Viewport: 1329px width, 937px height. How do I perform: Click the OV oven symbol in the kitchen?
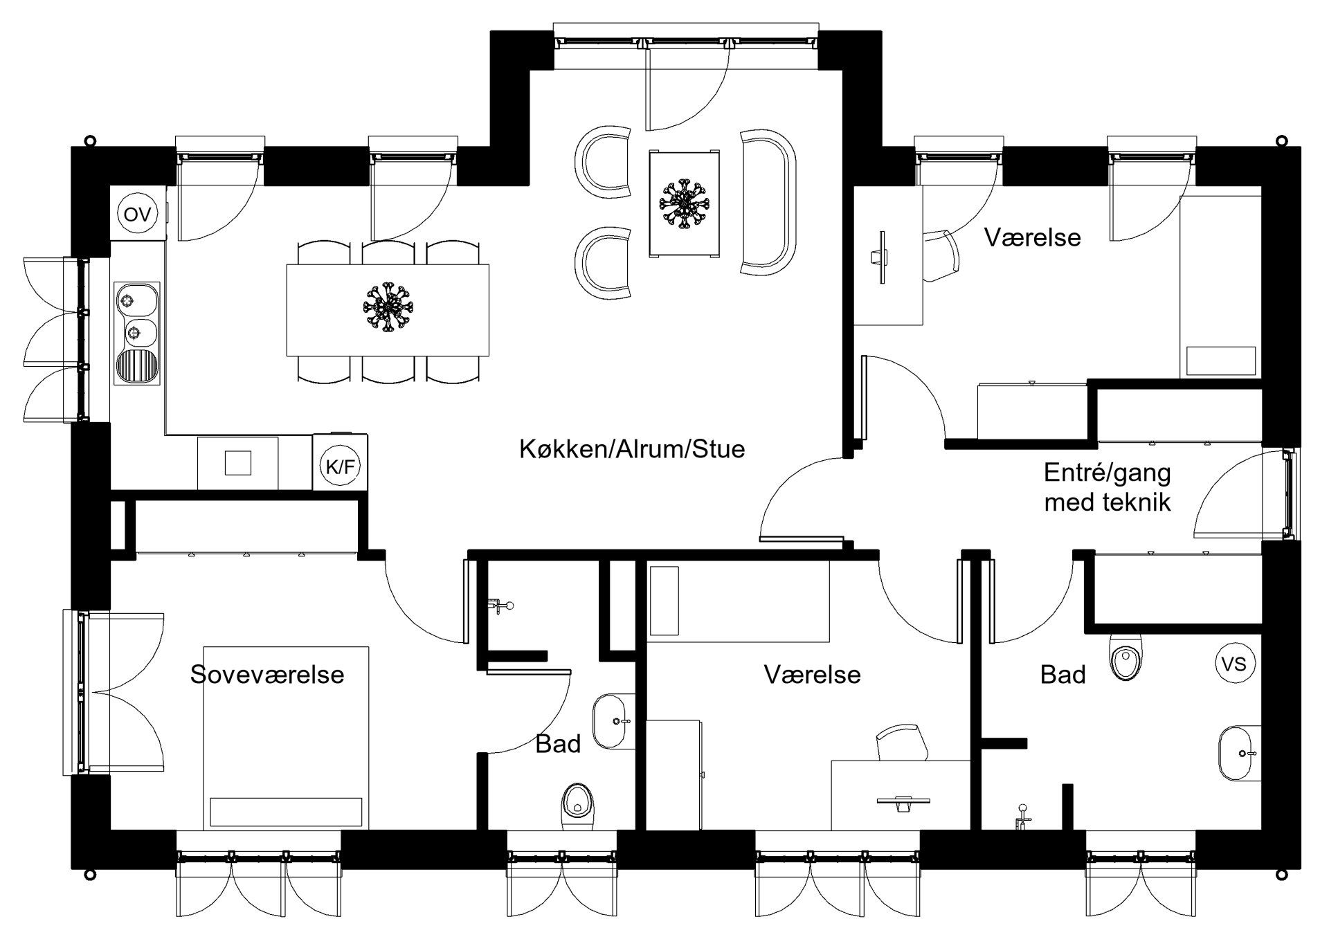tap(137, 215)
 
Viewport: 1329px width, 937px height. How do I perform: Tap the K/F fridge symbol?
tap(340, 467)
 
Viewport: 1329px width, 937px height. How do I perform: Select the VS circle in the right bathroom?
tap(1235, 664)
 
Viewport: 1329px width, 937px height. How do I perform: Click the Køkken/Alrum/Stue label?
tap(632, 449)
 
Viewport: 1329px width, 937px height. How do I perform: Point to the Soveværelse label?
tap(267, 674)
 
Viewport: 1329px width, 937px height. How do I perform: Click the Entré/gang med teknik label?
tap(1107, 487)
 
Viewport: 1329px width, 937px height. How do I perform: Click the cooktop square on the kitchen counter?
tap(237, 462)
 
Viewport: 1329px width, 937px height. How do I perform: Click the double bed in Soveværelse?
tap(286, 738)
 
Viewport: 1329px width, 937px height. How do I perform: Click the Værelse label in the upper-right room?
tap(1032, 237)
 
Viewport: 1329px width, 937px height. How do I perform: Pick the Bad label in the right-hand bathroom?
tap(1063, 674)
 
